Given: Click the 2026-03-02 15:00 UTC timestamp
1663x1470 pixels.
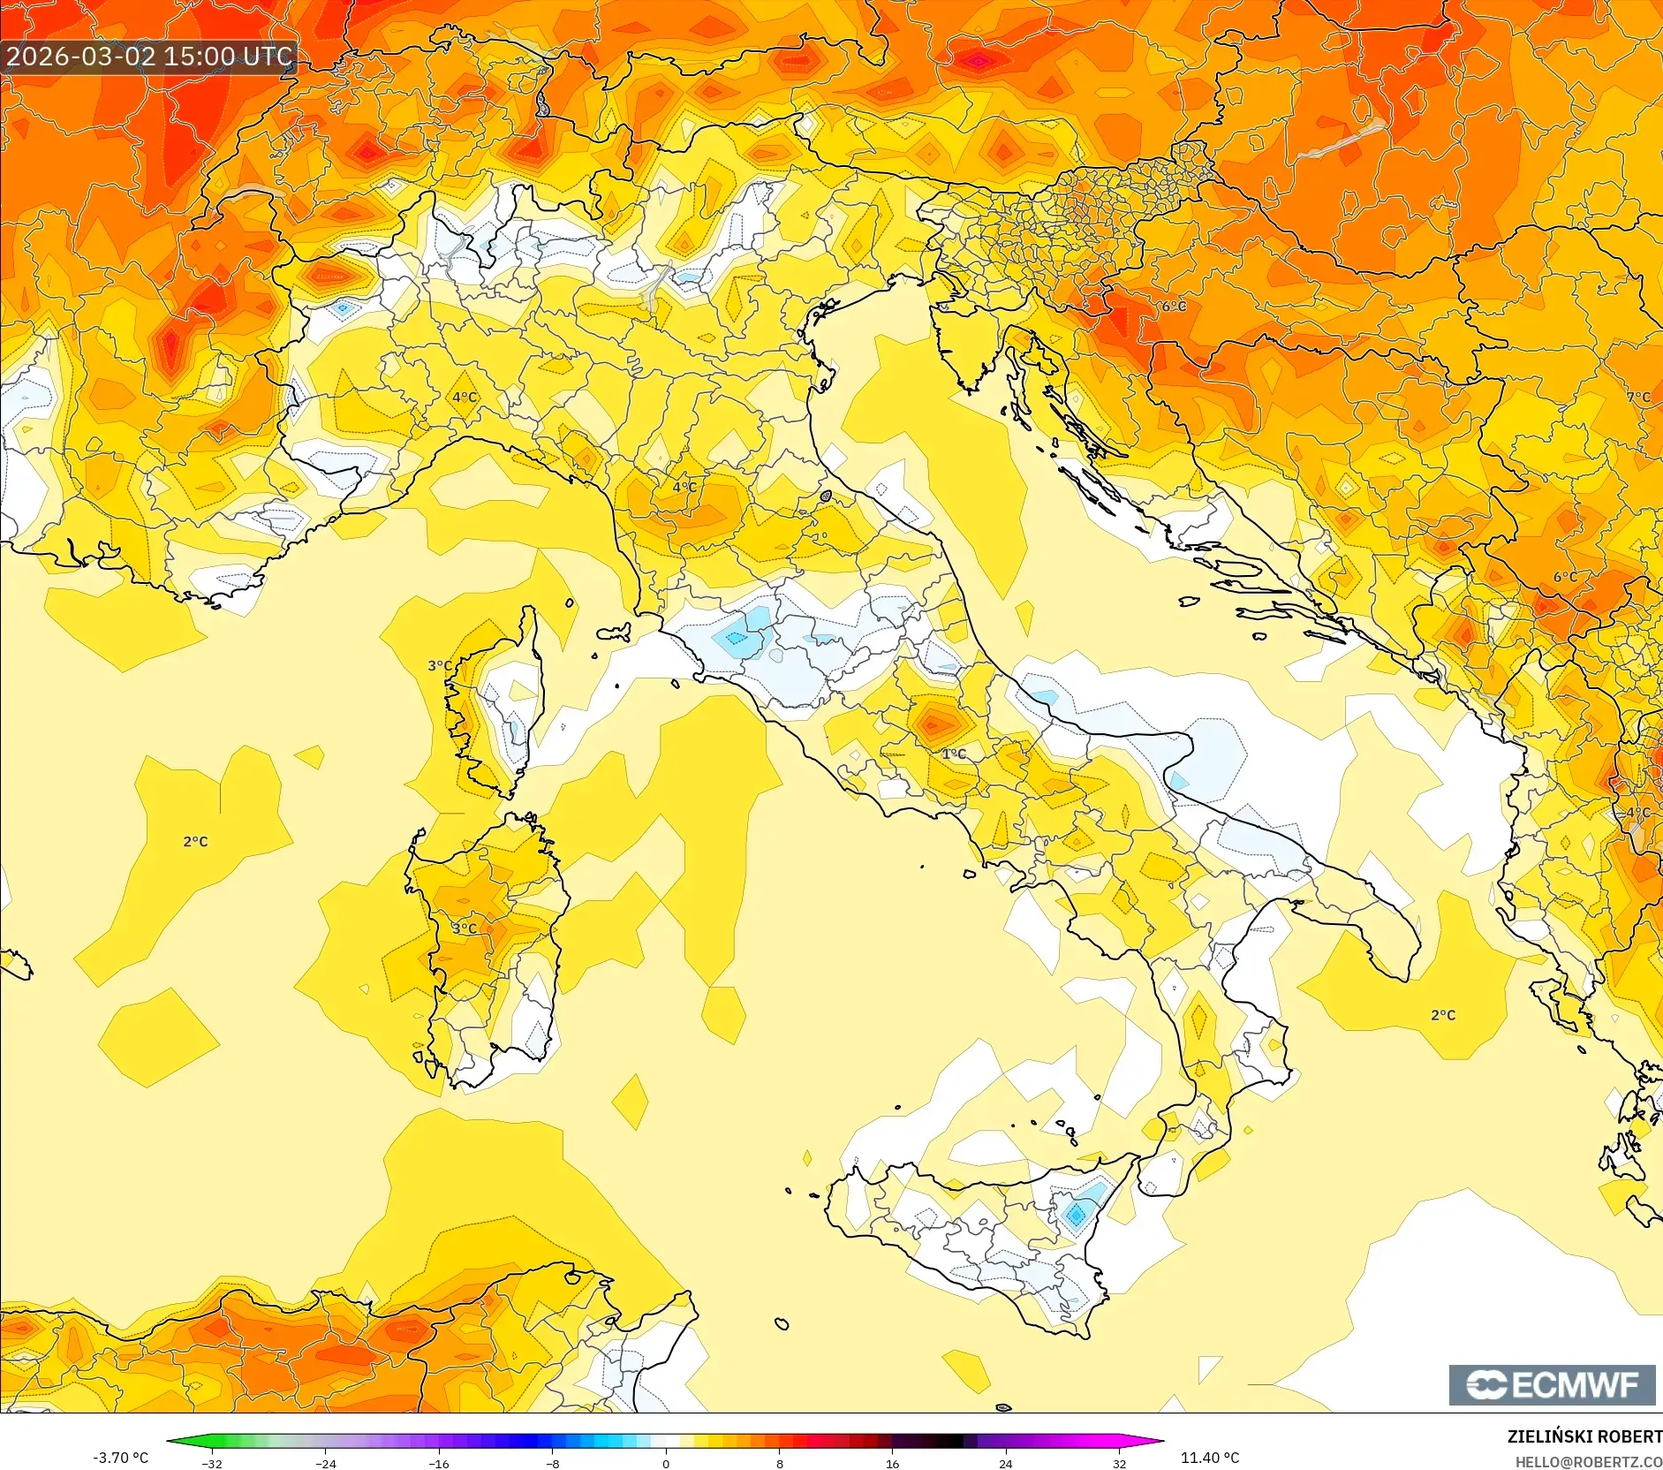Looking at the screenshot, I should pos(148,57).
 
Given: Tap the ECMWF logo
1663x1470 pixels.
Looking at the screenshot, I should pos(1552,1384).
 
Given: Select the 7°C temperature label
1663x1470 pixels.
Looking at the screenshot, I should pos(1638,398).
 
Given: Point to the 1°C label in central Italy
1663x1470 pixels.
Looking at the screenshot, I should pos(954,754).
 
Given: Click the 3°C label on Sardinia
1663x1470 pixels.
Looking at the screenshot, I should pos(465,928).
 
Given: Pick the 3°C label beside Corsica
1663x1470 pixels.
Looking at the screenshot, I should pos(440,665).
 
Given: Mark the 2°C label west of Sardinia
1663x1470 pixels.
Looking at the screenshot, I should pos(195,841).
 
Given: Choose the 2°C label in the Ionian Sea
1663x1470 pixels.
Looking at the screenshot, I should pos(1443,1015).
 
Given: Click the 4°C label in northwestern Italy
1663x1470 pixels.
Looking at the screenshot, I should pos(465,398).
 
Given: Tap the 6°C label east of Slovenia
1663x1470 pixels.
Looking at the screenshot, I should pos(1174,306).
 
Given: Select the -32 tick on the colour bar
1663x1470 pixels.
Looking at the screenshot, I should pos(212,1463).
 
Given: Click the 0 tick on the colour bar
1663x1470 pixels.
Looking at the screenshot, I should pos(666,1463).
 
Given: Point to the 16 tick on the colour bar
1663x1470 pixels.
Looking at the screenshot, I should pos(892,1463).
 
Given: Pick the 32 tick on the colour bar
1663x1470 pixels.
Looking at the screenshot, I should pos(1119,1463).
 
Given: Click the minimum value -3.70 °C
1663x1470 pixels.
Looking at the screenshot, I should pos(121,1457).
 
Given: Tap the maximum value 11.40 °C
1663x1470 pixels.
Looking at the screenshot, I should pos(1209,1457).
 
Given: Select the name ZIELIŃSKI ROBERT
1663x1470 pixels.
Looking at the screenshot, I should pos(1584,1436).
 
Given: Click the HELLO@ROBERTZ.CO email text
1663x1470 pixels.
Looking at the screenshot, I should pos(1588,1462).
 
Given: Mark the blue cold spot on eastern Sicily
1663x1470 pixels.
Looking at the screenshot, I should pos(1076,1215).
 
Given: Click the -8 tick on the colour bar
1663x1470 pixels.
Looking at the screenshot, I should pos(552,1463).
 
